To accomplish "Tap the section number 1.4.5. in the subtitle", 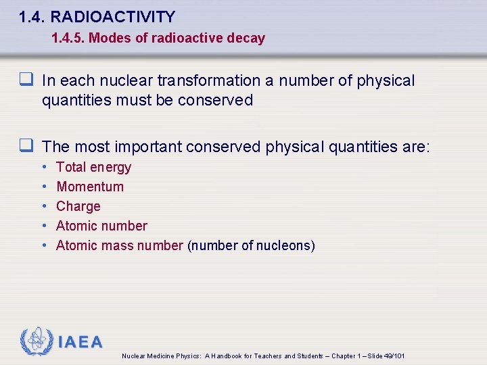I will coord(68,39).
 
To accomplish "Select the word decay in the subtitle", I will coord(246,39).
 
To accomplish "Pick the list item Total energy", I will coord(93,167).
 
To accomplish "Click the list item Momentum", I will coord(90,187).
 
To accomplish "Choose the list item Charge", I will coord(78,206).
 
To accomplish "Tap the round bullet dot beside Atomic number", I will coord(44,226).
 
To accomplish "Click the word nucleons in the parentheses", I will coord(286,245).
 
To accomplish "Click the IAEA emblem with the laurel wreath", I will coord(36,341).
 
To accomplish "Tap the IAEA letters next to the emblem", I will coord(80,342).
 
